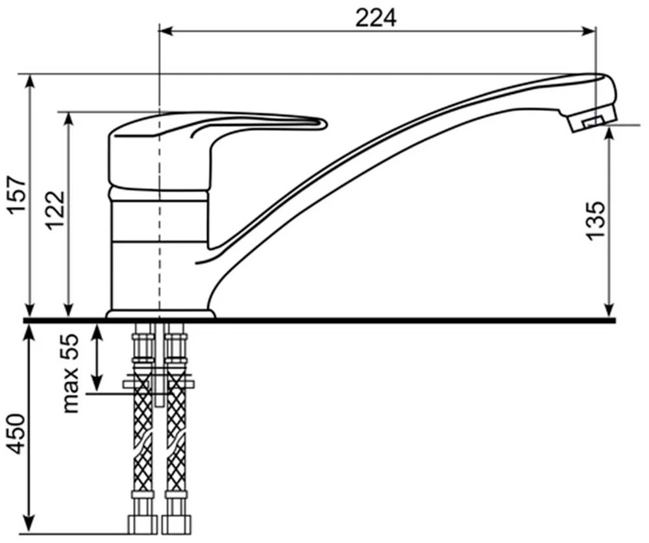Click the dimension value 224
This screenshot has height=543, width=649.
(376, 18)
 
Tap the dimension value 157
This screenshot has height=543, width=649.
(18, 195)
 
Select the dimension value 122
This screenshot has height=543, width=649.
(55, 210)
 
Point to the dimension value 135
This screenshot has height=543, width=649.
(595, 220)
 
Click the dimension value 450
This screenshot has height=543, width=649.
(18, 434)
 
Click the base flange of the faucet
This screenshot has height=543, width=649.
(160, 314)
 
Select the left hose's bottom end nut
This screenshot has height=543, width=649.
(143, 524)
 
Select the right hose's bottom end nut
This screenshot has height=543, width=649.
(177, 524)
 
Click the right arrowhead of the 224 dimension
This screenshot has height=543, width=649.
(589, 31)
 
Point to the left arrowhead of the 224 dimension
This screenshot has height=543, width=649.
(167, 31)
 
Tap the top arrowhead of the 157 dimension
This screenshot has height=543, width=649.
(30, 82)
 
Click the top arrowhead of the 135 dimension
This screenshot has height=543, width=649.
(609, 134)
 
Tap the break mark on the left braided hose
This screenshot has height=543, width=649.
(143, 442)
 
